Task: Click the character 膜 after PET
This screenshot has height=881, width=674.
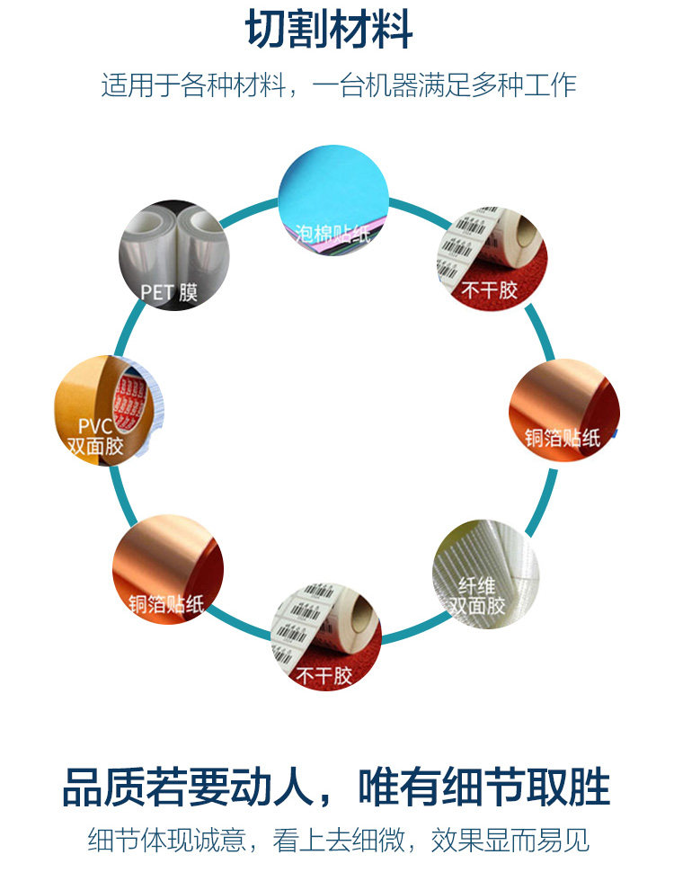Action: coord(188,291)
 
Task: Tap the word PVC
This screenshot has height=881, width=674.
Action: coord(94,425)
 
